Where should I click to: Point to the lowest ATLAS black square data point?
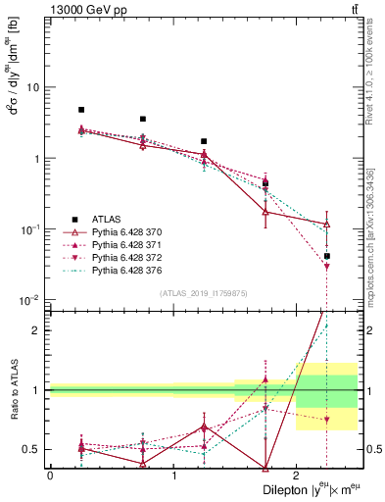(x=326, y=256)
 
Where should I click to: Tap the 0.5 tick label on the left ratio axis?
(x=30, y=449)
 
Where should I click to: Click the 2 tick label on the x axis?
(x=297, y=475)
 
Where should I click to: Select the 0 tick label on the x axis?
(x=50, y=475)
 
